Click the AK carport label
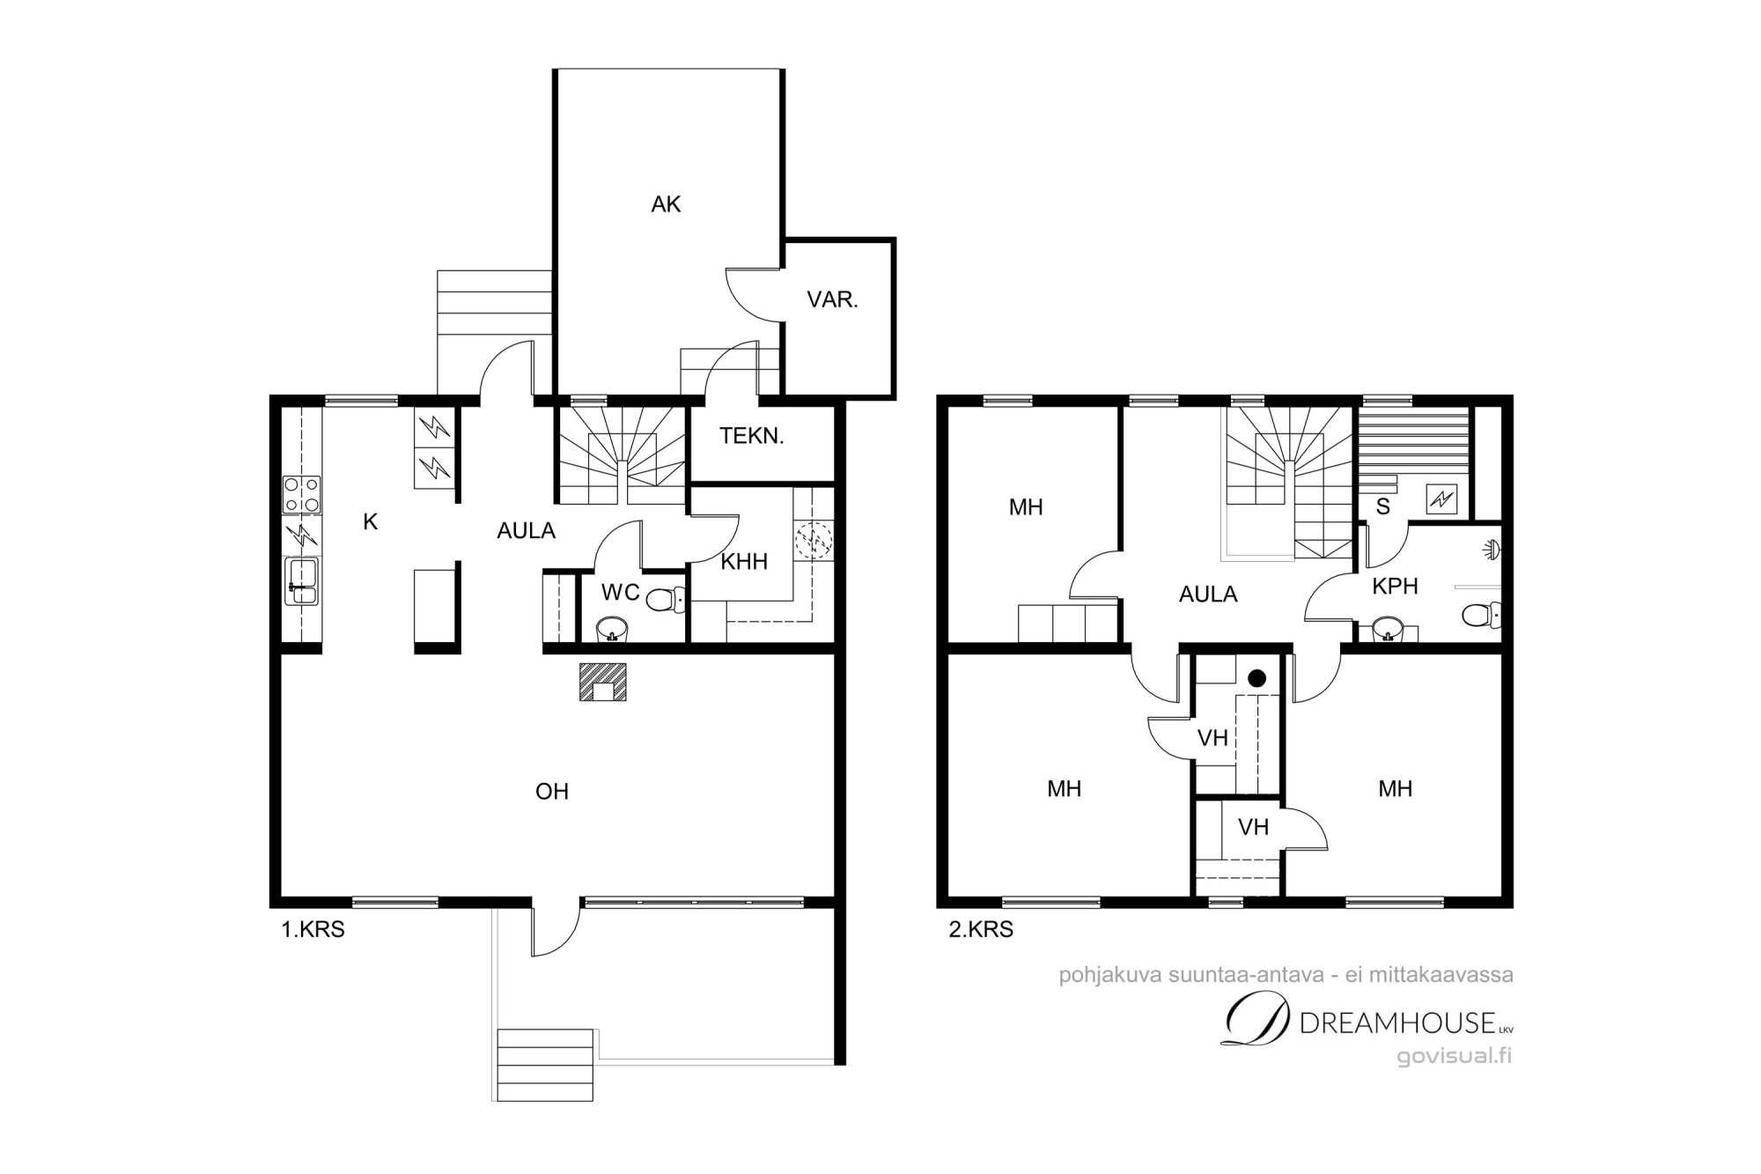click(666, 204)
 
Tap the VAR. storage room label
click(832, 299)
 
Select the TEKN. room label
click(751, 435)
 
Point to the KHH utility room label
click(744, 562)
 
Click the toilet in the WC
click(665, 601)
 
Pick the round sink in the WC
click(612, 628)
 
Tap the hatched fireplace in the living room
click(602, 682)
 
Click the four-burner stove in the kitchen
click(301, 494)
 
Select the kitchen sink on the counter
click(301, 581)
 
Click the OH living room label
click(552, 792)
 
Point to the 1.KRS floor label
click(313, 929)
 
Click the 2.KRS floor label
click(981, 929)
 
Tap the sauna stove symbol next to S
click(1441, 499)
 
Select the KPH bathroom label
click(1395, 587)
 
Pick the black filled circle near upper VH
click(1257, 678)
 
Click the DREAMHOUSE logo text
click(1397, 1023)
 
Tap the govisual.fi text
click(1455, 1056)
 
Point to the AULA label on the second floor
click(1208, 594)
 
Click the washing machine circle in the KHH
click(814, 538)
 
